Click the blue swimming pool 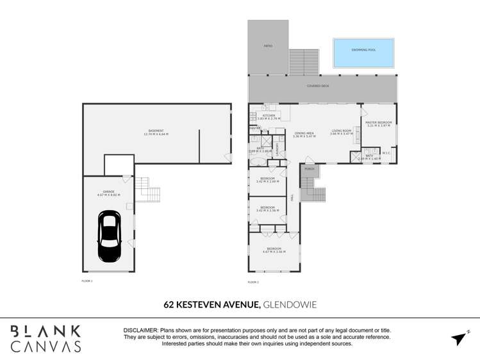[x=363, y=53]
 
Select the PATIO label [x=268, y=46]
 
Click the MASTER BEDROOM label [x=378, y=122]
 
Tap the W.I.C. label [x=386, y=152]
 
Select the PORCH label [x=309, y=169]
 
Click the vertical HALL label [x=292, y=199]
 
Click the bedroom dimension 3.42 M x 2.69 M [x=267, y=182]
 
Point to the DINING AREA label [x=304, y=133]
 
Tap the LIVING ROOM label [x=341, y=131]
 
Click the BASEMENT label [x=157, y=131]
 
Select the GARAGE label [x=108, y=192]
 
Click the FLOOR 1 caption [x=87, y=281]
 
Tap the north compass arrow [x=459, y=338]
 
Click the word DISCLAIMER [x=141, y=331]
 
